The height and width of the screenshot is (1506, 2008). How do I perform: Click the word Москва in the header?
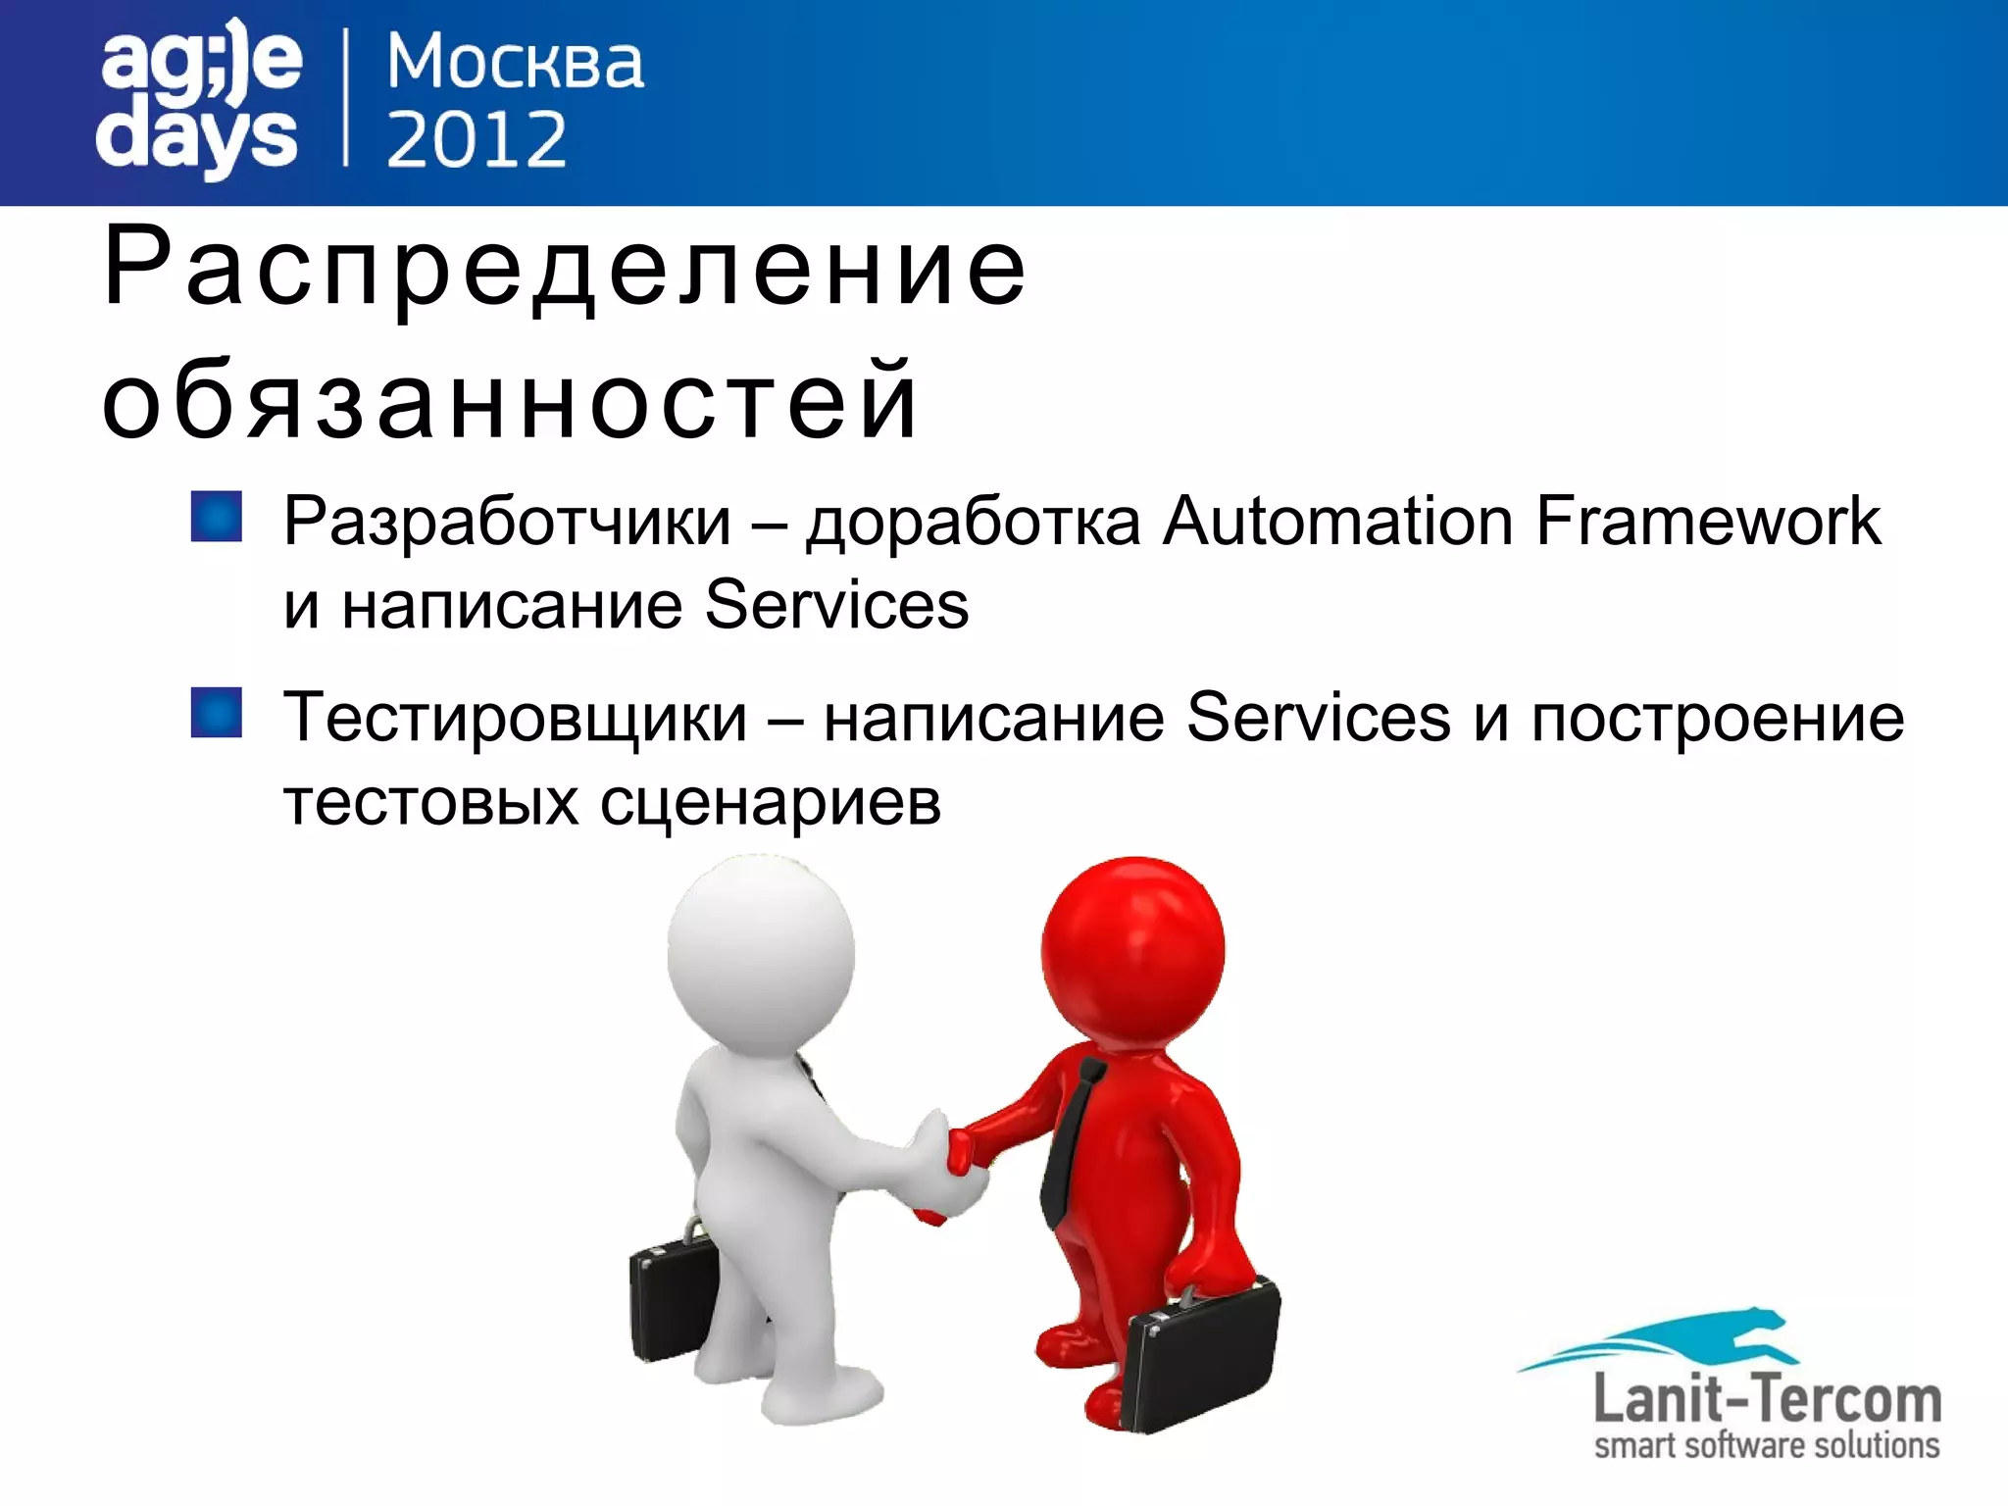click(515, 64)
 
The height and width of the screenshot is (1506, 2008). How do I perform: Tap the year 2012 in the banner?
click(477, 138)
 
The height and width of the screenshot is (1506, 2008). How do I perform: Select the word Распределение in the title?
click(565, 268)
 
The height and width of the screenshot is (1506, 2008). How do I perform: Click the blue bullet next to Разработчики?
click(216, 517)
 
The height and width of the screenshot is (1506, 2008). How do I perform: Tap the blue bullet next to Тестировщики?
click(216, 713)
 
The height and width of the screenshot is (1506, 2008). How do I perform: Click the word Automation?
click(1338, 521)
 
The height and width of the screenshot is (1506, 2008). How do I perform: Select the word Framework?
click(1708, 521)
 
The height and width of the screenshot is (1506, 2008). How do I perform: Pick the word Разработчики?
click(507, 521)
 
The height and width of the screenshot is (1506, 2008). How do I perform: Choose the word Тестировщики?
click(515, 719)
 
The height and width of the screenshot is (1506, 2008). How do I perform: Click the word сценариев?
click(770, 804)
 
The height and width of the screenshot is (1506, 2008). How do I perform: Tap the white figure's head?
click(760, 951)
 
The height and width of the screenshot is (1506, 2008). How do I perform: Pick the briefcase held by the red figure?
click(1204, 1358)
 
